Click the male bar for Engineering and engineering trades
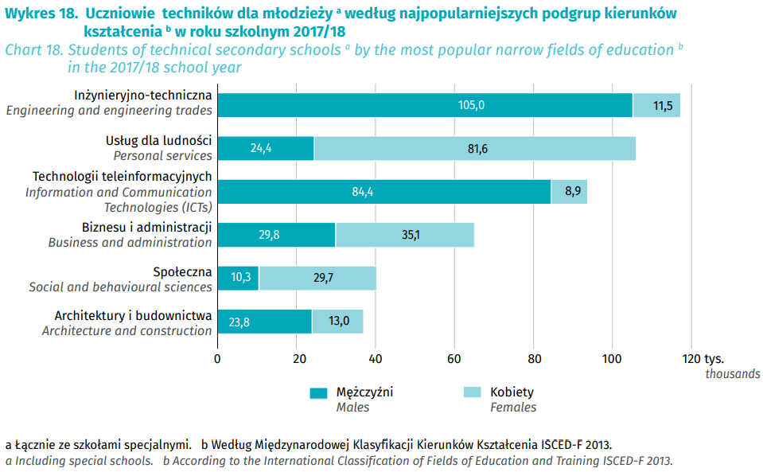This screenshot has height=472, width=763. pyautogui.click(x=425, y=105)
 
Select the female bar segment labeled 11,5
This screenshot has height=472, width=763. pyautogui.click(x=656, y=105)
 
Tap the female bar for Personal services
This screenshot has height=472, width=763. pyautogui.click(x=475, y=148)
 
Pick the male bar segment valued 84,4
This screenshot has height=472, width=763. pyautogui.click(x=384, y=191)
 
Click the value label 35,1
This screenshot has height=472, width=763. pyautogui.click(x=405, y=235)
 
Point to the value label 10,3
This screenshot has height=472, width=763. pyautogui.click(x=239, y=278)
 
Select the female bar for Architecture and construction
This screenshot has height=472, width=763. pyautogui.click(x=337, y=322)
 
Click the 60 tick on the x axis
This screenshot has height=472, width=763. pyautogui.click(x=454, y=358)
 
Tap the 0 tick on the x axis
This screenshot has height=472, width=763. pyautogui.click(x=217, y=358)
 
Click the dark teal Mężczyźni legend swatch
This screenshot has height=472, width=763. pyautogui.click(x=318, y=392)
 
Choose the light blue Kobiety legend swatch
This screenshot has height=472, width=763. pyautogui.click(x=473, y=392)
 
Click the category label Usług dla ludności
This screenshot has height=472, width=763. pyautogui.click(x=159, y=141)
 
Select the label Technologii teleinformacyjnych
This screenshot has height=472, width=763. pyautogui.click(x=122, y=177)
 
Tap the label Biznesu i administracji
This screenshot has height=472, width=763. pyautogui.click(x=146, y=228)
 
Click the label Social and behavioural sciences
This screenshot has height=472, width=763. pyautogui.click(x=120, y=287)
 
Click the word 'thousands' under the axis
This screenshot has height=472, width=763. pyautogui.click(x=732, y=374)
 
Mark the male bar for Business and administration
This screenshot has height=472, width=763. pyautogui.click(x=276, y=235)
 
